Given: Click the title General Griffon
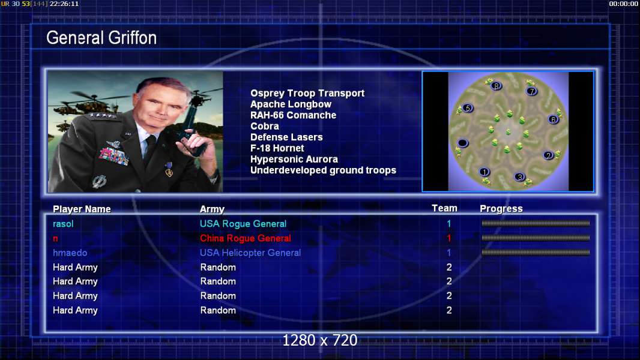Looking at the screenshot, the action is click(101, 38).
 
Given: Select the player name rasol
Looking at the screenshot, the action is click(63, 224).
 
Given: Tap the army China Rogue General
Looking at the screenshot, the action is click(246, 238).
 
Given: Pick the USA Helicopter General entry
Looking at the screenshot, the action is click(250, 253).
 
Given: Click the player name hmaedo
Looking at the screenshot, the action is click(70, 253).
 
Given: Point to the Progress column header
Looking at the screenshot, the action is click(501, 209).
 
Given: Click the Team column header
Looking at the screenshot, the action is click(444, 208).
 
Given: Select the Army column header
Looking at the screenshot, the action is click(213, 209).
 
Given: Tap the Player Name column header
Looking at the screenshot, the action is click(82, 209).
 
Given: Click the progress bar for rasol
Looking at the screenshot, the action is click(536, 223).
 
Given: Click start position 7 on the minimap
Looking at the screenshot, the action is click(531, 91).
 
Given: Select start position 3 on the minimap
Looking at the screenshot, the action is click(519, 177).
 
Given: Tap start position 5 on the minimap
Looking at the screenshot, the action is click(468, 108).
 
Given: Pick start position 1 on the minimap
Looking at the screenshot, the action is click(485, 172).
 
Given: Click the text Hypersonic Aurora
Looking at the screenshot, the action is click(294, 160).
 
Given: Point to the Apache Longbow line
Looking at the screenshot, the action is click(291, 104).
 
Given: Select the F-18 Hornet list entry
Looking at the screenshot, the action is click(277, 148).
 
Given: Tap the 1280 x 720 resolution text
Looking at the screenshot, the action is click(320, 340).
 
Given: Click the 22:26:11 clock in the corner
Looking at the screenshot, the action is click(64, 4).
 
